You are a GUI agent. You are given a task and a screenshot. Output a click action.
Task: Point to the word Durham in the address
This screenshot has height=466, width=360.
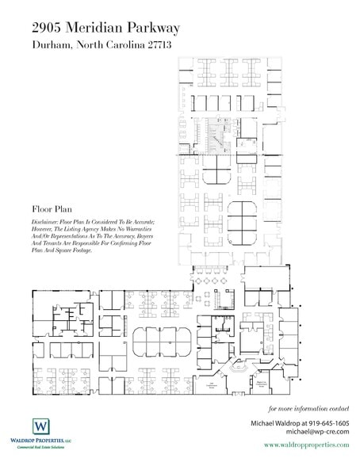(x=55, y=45)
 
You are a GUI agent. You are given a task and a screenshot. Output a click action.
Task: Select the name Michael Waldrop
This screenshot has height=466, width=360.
(x=279, y=424)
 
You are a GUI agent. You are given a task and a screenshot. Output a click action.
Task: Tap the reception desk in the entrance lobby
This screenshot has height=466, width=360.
(x=238, y=366)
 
